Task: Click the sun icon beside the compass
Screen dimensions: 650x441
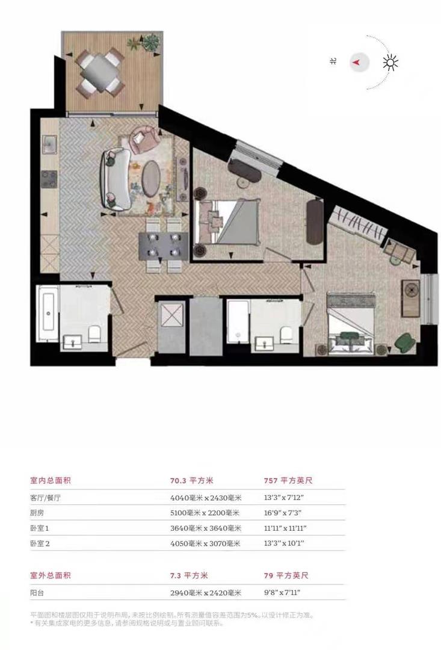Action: coord(392,62)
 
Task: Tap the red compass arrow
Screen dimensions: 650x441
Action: coord(357,62)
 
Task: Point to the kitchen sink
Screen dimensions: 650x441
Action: coord(48,145)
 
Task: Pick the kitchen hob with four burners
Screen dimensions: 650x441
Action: coord(48,178)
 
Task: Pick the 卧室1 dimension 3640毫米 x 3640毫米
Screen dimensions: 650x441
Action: coord(206,528)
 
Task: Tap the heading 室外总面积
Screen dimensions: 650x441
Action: coord(51,576)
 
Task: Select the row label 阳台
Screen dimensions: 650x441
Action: coord(37,593)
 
